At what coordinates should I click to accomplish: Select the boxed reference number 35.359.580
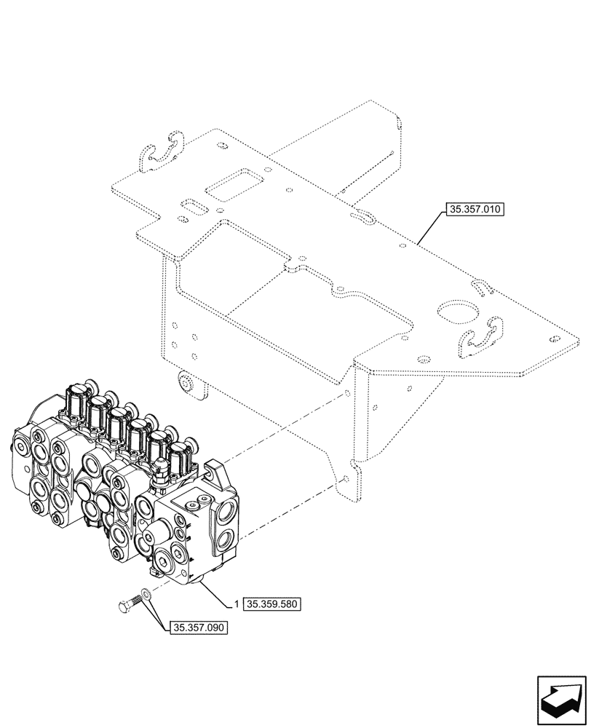coord(272,604)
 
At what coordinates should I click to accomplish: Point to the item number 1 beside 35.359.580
coord(237,604)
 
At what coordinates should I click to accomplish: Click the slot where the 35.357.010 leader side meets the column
coord(362,216)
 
